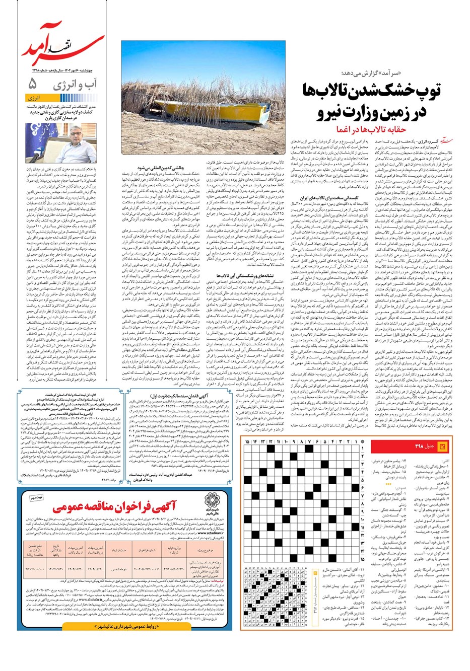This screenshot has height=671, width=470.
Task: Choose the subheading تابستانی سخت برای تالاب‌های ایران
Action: tap(329, 198)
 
